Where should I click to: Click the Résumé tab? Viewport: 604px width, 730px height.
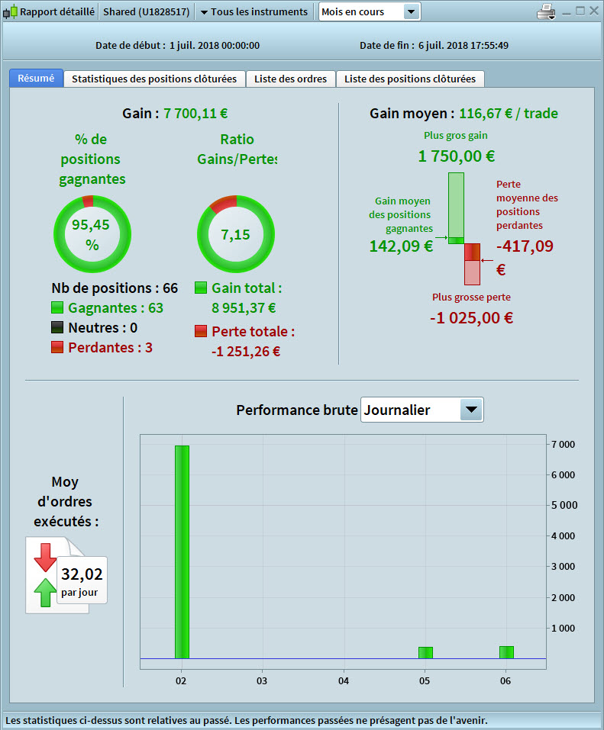click(x=36, y=79)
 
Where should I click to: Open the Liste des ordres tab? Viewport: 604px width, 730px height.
click(x=290, y=79)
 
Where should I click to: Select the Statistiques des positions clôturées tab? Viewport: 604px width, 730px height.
click(x=155, y=79)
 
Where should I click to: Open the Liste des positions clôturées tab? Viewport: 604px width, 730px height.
click(x=410, y=79)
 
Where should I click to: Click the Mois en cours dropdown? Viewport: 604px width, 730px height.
click(x=370, y=11)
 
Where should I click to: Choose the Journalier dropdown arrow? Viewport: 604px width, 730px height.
click(x=471, y=410)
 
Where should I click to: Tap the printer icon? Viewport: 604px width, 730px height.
click(x=547, y=11)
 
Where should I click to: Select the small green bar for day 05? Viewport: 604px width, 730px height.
click(x=425, y=652)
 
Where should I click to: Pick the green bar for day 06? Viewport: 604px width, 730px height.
click(x=506, y=652)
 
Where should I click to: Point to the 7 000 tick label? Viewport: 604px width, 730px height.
click(x=562, y=444)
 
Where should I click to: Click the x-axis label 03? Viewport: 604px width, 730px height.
click(x=262, y=680)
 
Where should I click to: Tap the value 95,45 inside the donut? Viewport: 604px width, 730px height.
click(x=92, y=225)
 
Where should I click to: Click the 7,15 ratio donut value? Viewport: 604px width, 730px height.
click(x=235, y=234)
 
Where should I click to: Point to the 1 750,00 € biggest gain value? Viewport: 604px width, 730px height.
click(x=456, y=156)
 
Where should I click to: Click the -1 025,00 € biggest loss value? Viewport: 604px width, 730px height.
click(x=471, y=317)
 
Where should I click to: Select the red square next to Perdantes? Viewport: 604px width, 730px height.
click(x=57, y=347)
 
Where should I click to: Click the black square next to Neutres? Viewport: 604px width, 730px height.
click(x=57, y=327)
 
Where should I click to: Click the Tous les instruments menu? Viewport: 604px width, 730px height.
click(x=254, y=11)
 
